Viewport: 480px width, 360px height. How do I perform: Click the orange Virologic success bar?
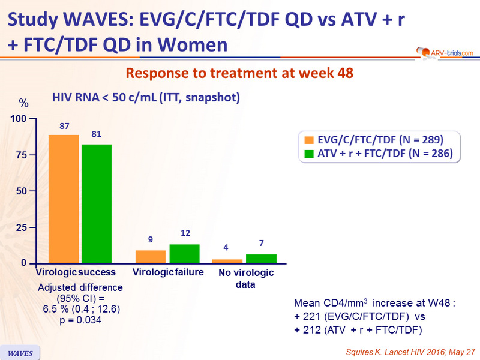[64, 199]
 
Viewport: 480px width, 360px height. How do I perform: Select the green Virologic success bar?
[97, 204]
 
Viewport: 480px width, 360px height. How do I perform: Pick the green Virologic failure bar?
[184, 254]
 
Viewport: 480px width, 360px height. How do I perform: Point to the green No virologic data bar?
[261, 259]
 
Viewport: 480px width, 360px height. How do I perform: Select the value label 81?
[96, 134]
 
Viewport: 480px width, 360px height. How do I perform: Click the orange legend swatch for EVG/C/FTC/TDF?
[310, 140]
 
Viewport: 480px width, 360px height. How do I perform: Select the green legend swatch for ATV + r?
[310, 154]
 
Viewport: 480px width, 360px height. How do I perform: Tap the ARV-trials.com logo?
[443, 53]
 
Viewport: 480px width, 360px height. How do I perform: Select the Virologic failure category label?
[168, 272]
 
